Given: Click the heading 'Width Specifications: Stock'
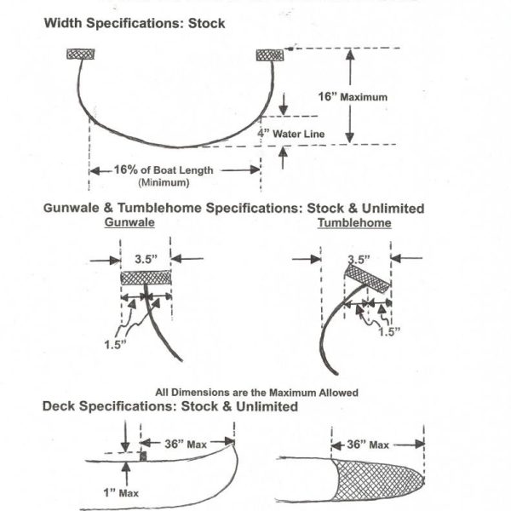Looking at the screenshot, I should pyautogui.click(x=135, y=23).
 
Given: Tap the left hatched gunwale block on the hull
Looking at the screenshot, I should pyautogui.click(x=81, y=55).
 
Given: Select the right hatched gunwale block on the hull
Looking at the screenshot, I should pyautogui.click(x=269, y=55).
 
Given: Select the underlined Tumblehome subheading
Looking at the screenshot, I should pyautogui.click(x=354, y=223).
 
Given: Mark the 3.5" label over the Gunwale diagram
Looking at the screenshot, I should pyautogui.click(x=146, y=253).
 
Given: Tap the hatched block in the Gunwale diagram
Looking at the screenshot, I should pyautogui.click(x=146, y=278).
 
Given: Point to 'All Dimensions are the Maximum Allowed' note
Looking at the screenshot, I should pyautogui.click(x=256, y=392).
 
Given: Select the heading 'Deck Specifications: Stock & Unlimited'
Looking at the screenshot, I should pyautogui.click(x=170, y=406).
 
